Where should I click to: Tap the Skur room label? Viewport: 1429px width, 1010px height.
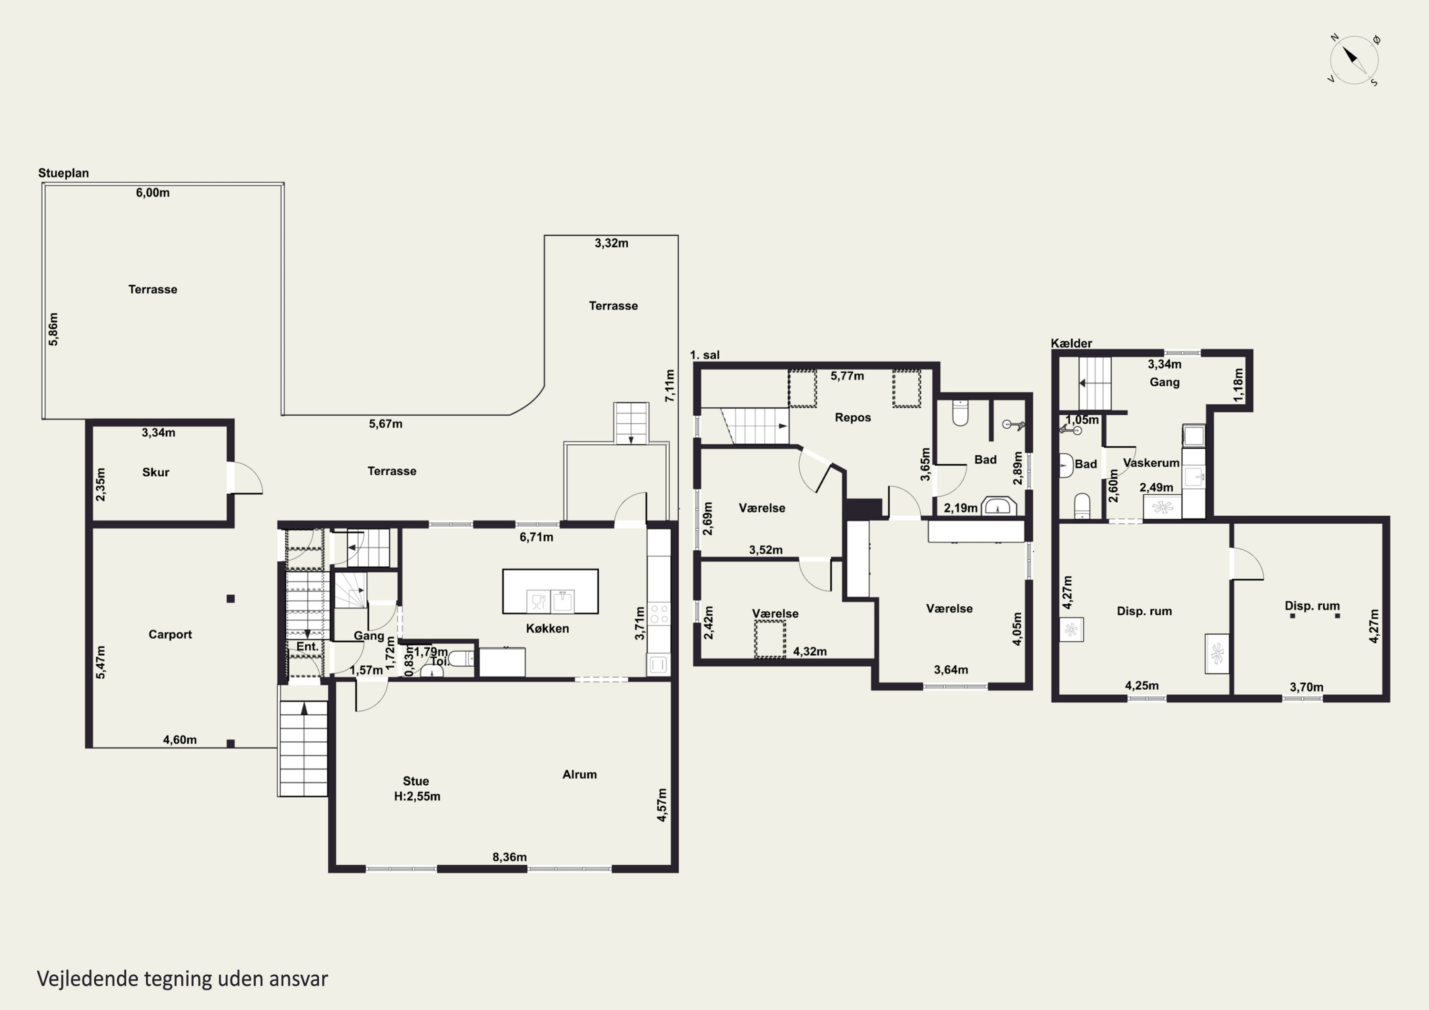click(x=156, y=472)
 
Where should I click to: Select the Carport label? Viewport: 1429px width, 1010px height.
click(x=170, y=635)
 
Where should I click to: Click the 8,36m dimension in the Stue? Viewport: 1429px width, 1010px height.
click(x=510, y=857)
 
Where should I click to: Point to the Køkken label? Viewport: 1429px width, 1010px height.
click(x=548, y=629)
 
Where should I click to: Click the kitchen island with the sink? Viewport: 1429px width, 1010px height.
click(x=550, y=591)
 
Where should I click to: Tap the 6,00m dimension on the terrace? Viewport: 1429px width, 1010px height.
click(x=152, y=193)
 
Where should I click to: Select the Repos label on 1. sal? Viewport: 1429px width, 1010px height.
click(x=853, y=418)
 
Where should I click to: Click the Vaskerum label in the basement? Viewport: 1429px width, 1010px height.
click(x=1151, y=463)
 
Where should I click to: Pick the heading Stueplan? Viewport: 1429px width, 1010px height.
click(x=63, y=173)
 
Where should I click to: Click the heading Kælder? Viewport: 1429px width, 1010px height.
click(x=1072, y=343)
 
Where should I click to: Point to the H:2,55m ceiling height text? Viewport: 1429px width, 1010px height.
click(x=417, y=797)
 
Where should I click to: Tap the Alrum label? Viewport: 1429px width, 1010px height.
click(x=579, y=775)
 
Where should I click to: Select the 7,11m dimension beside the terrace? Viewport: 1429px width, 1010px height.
click(x=670, y=386)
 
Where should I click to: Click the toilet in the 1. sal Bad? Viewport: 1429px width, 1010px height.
click(x=960, y=412)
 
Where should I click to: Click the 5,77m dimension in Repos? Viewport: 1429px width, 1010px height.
click(x=847, y=376)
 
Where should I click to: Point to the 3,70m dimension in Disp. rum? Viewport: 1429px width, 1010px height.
click(x=1307, y=687)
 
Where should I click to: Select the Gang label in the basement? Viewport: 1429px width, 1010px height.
click(x=1165, y=382)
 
